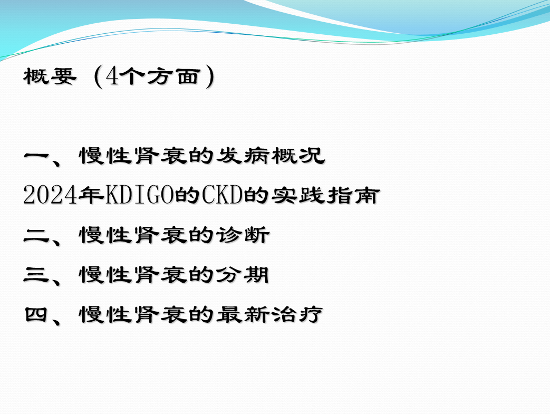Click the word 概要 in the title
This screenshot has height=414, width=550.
pyautogui.click(x=50, y=76)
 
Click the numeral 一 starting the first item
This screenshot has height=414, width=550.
pyautogui.click(x=36, y=156)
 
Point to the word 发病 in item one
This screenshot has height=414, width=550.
pyautogui.click(x=243, y=156)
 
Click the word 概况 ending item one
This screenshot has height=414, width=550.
pyautogui.click(x=298, y=156)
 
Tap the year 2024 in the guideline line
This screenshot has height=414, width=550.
pyautogui.click(x=50, y=195)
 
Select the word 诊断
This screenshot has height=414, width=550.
pyautogui.click(x=243, y=235)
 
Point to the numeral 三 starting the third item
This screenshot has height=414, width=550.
pyautogui.click(x=36, y=274)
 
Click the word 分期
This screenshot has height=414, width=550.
pyautogui.click(x=243, y=274)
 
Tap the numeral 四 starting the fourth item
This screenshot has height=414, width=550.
pyautogui.click(x=36, y=314)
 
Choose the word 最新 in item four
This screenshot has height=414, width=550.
pyautogui.click(x=243, y=314)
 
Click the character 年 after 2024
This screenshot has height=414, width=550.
pyautogui.click(x=91, y=195)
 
